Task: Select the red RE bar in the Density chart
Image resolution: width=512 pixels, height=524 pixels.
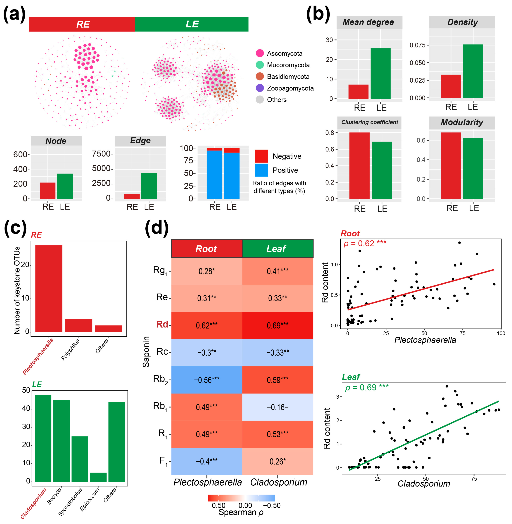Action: [451, 86]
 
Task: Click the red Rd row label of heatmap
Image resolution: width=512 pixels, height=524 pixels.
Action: [162, 324]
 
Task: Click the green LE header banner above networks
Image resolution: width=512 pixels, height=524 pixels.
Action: [192, 24]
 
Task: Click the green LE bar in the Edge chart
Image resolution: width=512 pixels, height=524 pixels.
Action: [149, 186]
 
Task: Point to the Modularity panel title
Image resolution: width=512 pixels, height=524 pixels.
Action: [462, 122]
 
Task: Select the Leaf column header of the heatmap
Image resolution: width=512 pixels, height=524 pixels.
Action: [277, 249]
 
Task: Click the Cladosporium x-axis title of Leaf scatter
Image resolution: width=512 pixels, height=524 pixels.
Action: [424, 483]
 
